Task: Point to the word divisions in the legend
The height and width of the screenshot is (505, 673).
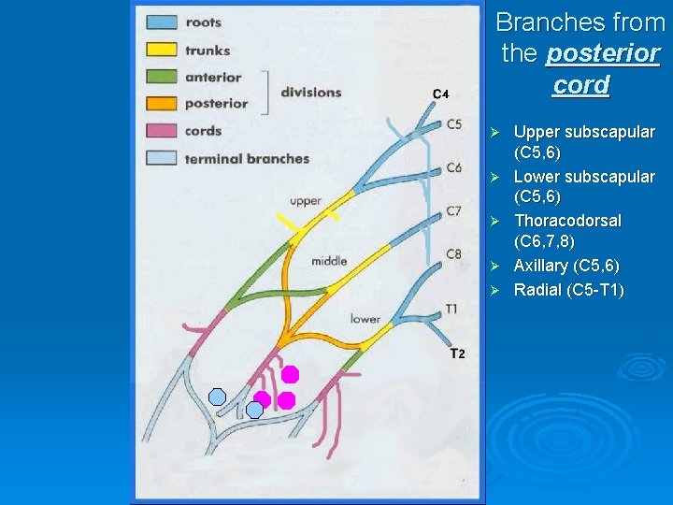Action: [310, 92]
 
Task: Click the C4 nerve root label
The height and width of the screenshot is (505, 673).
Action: [441, 94]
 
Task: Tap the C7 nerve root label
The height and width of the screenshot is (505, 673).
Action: [453, 211]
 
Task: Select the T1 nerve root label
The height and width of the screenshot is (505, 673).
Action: [451, 309]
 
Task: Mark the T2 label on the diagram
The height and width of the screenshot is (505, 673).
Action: [457, 353]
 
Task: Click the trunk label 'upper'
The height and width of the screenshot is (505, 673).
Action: [305, 201]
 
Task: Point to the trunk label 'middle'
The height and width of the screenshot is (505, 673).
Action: [329, 261]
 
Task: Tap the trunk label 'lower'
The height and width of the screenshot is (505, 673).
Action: [365, 319]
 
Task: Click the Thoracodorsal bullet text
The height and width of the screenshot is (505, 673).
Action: [567, 221]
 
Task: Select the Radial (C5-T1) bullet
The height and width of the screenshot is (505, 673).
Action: [568, 289]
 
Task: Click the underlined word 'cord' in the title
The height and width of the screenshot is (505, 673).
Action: [580, 85]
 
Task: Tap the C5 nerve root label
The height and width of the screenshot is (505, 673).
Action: [453, 123]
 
